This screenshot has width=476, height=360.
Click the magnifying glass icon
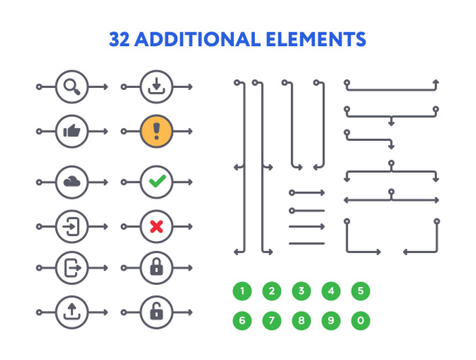pos(72,86)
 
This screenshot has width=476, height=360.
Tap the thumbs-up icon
pos(72,131)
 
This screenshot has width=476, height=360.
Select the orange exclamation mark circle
pos(157,131)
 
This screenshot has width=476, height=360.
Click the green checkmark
pos(157,181)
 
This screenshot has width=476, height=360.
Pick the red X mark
pos(157,226)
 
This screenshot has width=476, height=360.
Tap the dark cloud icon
pos(72,181)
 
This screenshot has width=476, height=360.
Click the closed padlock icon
pos(157,267)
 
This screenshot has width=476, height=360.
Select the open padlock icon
pos(157,311)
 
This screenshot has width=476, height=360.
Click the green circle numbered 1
pos(242,291)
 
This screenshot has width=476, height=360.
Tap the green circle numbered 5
pos(361,291)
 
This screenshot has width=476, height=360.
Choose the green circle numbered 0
pos(361,320)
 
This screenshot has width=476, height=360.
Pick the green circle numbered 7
pos(272,320)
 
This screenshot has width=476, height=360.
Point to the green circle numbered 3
pos(302,291)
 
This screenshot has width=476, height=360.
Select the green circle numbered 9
pos(331,320)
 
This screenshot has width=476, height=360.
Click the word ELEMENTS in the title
pos(316,39)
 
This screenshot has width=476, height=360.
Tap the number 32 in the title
pos(119,40)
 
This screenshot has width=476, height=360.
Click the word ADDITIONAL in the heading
pos(198,39)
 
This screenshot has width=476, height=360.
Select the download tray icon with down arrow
pos(157,86)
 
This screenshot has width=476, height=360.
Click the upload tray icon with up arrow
pos(72,312)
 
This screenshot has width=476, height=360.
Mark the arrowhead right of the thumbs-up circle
pos(106,131)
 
